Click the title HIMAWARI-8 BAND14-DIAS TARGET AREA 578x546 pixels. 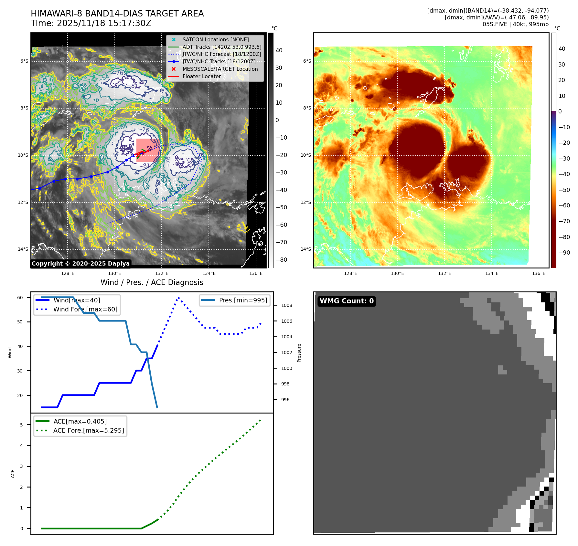point(117,14)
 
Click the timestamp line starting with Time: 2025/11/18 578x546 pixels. point(91,23)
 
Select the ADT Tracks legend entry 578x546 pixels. point(221,47)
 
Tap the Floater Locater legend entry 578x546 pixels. point(201,76)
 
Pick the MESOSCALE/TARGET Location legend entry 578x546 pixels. point(220,69)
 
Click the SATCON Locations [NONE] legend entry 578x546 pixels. point(215,39)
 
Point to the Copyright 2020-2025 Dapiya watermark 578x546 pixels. point(80,264)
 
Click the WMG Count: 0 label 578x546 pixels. point(347,301)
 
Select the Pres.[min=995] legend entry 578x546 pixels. point(243,300)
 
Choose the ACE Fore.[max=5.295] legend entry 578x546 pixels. point(88,430)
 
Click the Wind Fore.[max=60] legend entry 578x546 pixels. point(85,309)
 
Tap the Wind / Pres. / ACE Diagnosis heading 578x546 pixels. point(152,282)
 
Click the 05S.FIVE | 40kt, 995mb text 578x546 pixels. point(515,24)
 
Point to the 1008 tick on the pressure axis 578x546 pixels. point(286,305)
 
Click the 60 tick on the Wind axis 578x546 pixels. point(20,298)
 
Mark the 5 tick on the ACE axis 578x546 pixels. point(22,425)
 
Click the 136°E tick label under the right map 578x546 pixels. point(539,273)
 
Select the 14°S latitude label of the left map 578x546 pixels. point(23,249)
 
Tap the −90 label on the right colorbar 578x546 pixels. point(564,253)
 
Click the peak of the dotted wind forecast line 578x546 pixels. point(179,298)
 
